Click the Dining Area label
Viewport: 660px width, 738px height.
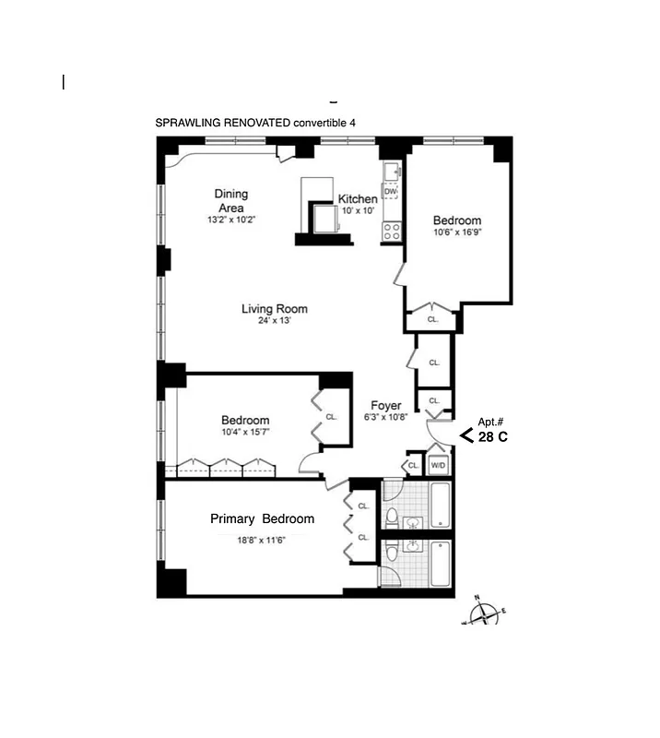(x=230, y=201)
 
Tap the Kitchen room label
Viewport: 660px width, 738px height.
(x=358, y=199)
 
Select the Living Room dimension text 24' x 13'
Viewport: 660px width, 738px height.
(x=274, y=321)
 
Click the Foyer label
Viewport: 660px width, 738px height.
(x=385, y=406)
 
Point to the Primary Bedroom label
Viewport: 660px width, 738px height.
(x=262, y=518)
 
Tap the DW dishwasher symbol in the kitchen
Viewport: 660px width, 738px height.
(x=391, y=191)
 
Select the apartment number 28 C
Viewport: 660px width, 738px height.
(x=492, y=436)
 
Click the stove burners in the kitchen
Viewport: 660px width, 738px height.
(x=392, y=231)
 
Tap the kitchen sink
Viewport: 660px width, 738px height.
(x=392, y=170)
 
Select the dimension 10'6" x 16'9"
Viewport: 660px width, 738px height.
(x=457, y=232)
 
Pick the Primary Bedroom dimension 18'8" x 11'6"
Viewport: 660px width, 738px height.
(x=262, y=541)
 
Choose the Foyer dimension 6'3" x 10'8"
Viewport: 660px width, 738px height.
(x=385, y=417)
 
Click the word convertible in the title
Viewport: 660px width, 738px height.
(x=320, y=123)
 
